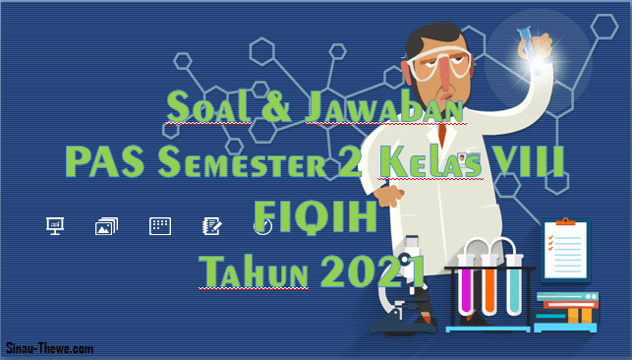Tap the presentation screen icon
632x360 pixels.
click(x=55, y=226)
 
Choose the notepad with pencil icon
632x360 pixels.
click(x=210, y=226)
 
